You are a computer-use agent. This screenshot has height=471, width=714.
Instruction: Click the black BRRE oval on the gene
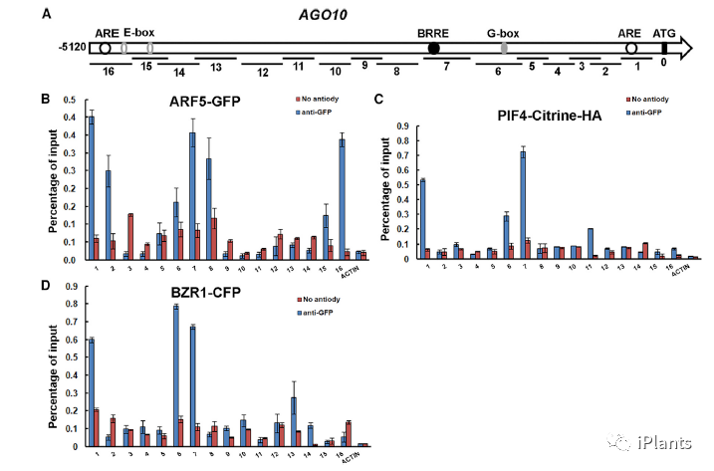pyautogui.click(x=434, y=48)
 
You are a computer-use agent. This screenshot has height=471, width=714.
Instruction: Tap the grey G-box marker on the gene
pyautogui.click(x=504, y=48)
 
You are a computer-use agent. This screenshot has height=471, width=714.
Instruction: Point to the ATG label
pyautogui.click(x=665, y=32)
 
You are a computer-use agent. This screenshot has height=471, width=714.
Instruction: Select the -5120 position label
pyautogui.click(x=74, y=48)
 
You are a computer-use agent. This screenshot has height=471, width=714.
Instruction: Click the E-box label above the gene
pyautogui.click(x=139, y=32)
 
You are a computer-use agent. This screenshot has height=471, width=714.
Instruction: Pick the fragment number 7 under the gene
pyautogui.click(x=446, y=73)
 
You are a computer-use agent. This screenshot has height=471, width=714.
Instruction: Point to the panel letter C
pyautogui.click(x=377, y=99)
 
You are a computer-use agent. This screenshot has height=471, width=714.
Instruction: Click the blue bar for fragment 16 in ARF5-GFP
pyautogui.click(x=342, y=198)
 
